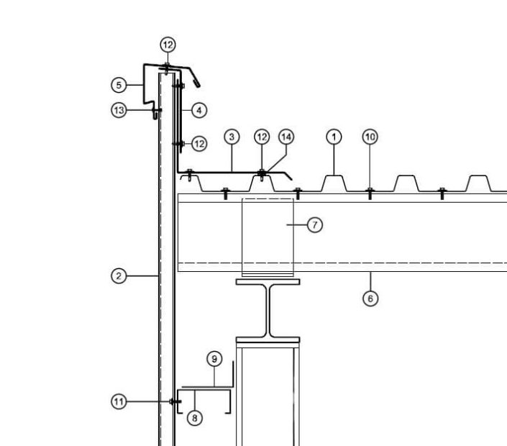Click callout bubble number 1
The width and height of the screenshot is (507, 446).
pos(334,137)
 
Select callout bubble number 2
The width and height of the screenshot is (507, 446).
pos(119,276)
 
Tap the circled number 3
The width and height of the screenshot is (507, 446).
pos(232,137)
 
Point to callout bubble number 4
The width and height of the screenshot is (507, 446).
pos(199,110)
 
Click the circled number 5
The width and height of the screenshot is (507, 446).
pos(119,85)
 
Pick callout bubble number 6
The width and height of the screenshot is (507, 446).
pos(370,299)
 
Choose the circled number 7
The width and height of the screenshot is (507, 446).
pos(315,224)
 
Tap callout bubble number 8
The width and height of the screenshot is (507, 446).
pos(195,418)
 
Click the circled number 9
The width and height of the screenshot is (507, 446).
pos(214,359)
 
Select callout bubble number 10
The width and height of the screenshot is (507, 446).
pos(370,137)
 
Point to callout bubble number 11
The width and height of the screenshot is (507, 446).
pos(119,401)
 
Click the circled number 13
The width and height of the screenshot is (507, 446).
pos(119,110)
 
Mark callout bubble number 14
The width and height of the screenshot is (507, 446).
pos(286,137)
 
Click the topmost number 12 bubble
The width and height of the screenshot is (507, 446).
pos(168,45)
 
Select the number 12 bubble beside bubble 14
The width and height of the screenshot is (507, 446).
pos(262,137)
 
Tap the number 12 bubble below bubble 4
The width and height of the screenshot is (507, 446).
pos(199,144)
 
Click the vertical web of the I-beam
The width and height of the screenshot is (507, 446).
pos(268,311)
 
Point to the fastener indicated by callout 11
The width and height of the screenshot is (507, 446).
pos(175,401)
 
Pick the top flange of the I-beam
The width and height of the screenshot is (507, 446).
pos(268,282)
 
